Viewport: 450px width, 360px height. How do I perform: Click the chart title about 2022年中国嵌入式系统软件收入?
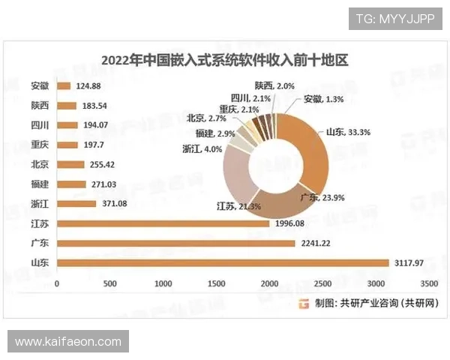[x=226, y=60]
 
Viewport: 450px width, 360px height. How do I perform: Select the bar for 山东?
[x=224, y=262]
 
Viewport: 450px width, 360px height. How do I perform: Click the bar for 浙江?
[x=76, y=204]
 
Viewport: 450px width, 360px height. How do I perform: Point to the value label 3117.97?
[x=412, y=262]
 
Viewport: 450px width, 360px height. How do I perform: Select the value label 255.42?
[x=100, y=164]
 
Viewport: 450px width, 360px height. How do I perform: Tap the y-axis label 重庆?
[x=41, y=145]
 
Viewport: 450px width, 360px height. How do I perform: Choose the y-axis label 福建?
[x=41, y=184]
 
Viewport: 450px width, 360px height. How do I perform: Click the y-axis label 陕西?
[x=41, y=106]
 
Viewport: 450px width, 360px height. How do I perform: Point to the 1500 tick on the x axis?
[x=217, y=284]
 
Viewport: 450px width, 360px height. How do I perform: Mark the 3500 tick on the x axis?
[x=429, y=284]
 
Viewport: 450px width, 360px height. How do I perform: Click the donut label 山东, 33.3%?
[x=349, y=132]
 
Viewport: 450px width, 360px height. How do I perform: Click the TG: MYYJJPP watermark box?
[x=395, y=19]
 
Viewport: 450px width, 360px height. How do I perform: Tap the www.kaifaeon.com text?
[x=68, y=342]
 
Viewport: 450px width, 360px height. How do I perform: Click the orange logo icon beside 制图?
[x=304, y=303]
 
